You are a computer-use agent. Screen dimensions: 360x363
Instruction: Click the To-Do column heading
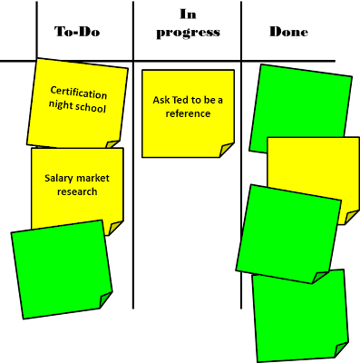tap(77, 32)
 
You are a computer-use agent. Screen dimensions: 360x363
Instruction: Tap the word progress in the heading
tap(188, 33)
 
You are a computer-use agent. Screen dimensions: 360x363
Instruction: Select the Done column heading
tap(288, 32)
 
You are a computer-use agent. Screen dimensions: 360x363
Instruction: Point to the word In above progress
tap(188, 14)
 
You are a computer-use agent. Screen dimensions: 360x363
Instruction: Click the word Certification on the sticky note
tap(79, 92)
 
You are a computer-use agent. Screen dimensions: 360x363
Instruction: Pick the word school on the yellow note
tap(90, 107)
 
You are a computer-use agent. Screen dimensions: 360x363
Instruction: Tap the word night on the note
tap(61, 105)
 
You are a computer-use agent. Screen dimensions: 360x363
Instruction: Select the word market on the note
tap(92, 178)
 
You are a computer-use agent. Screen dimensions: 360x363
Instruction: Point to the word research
tap(77, 191)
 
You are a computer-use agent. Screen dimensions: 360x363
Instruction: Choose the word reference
tap(188, 113)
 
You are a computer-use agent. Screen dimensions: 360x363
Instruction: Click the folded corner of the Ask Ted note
tap(225, 150)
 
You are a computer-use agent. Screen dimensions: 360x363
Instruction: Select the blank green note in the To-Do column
tap(62, 270)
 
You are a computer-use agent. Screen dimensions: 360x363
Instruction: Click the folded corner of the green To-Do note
tap(105, 299)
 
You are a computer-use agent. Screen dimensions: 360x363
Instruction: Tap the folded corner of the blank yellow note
tap(352, 218)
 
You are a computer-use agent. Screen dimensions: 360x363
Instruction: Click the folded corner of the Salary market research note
tap(115, 228)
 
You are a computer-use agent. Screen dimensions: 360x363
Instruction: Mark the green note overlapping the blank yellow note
tap(288, 233)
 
